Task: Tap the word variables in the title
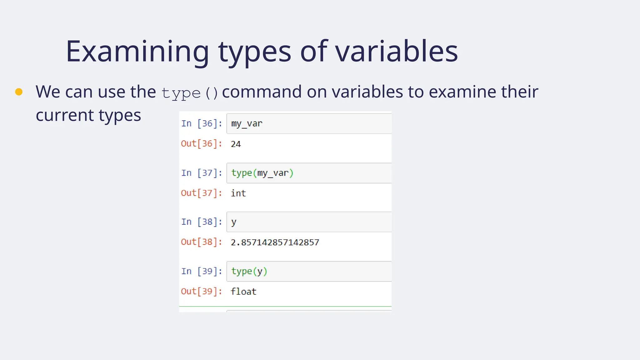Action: pyautogui.click(x=396, y=52)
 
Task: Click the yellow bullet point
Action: pyautogui.click(x=19, y=92)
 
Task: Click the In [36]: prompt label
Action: pyautogui.click(x=202, y=123)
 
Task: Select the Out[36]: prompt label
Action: pyautogui.click(x=202, y=144)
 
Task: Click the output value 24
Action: pyautogui.click(x=236, y=144)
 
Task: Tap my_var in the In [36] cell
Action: pyautogui.click(x=247, y=123)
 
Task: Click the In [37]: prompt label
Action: pyautogui.click(x=202, y=173)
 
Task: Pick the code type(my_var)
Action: pyautogui.click(x=262, y=173)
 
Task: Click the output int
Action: pyautogui.click(x=238, y=193)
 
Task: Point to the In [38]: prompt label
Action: pyautogui.click(x=202, y=222)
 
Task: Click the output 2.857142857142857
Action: pyautogui.click(x=275, y=242)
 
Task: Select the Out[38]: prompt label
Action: pyautogui.click(x=202, y=242)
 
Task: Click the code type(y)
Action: pyautogui.click(x=249, y=271)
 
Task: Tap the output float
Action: pyautogui.click(x=243, y=292)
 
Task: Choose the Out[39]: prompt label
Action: pyautogui.click(x=202, y=291)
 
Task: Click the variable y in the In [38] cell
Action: pyautogui.click(x=234, y=222)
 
